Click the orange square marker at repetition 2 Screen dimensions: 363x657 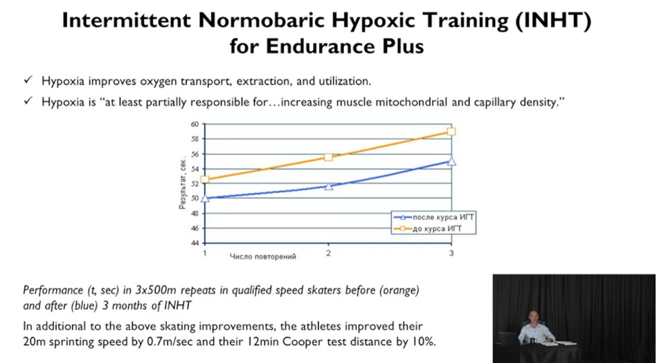328,157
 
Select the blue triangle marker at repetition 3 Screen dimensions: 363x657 451,161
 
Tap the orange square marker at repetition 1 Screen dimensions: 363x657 205,180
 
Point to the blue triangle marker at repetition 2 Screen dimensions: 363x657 328,186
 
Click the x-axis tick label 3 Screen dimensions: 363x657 451,254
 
